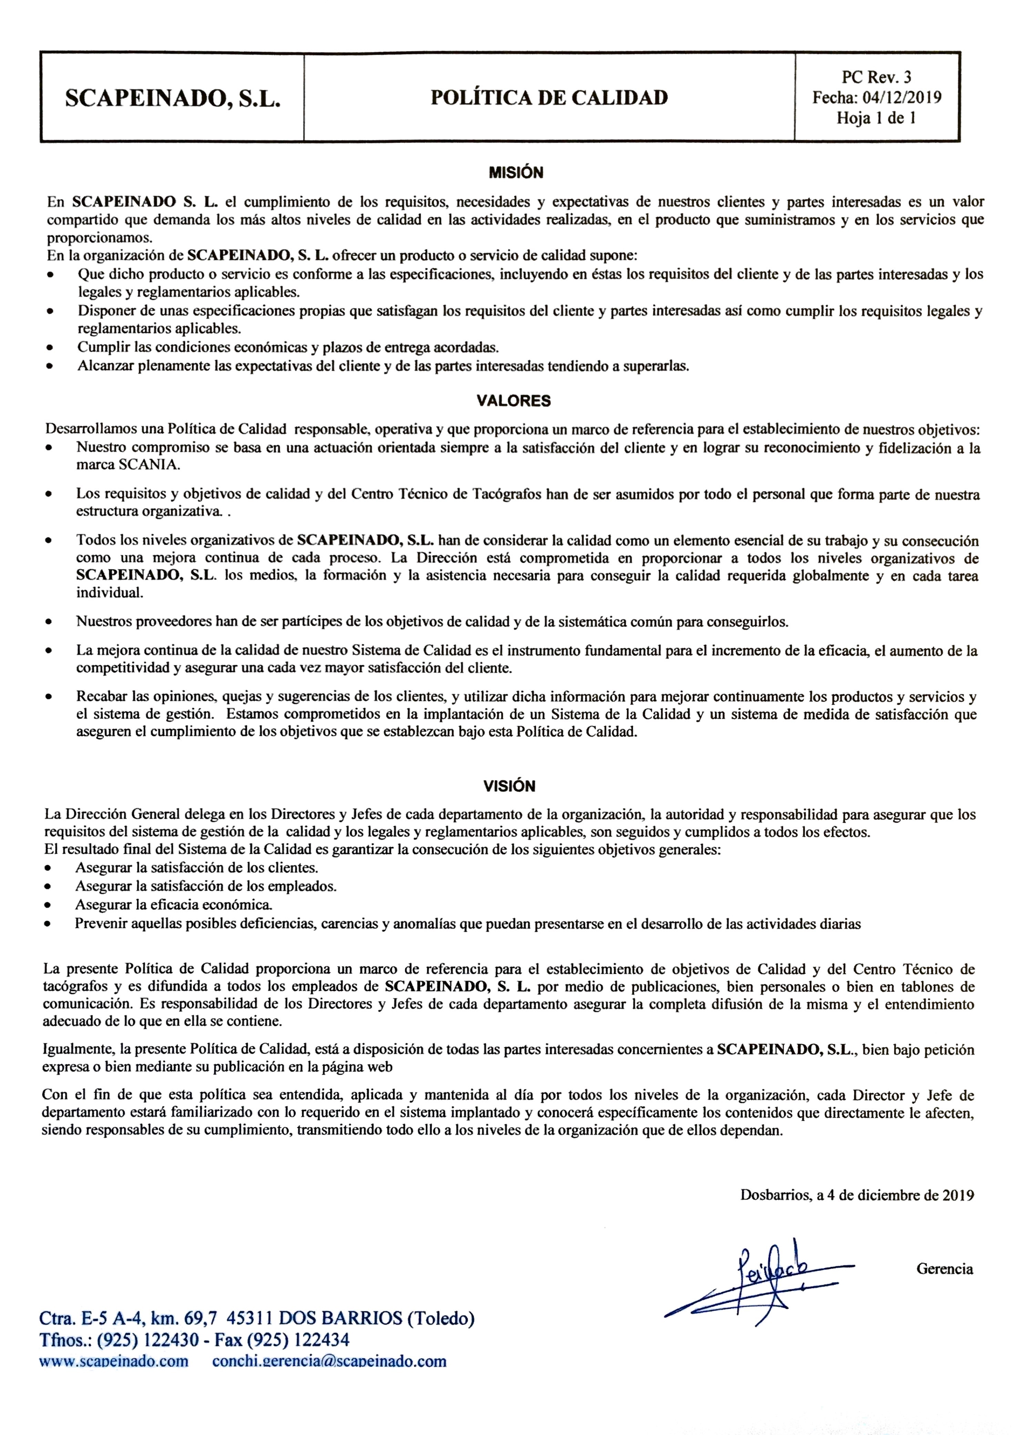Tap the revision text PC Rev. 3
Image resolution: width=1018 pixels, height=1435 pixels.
pos(876,77)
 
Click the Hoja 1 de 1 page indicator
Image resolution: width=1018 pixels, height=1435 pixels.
pos(876,118)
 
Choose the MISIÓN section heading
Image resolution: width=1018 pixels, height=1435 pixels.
pos(516,172)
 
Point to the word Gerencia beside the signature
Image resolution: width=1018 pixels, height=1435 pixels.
pos(944,1269)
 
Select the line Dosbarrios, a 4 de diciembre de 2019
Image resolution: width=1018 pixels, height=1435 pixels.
pos(857,1195)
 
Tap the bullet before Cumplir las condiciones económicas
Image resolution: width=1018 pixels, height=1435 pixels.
pos(50,348)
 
